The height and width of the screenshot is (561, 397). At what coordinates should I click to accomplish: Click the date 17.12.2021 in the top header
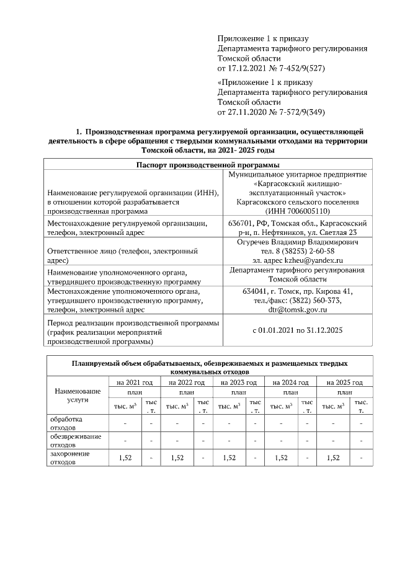pyautogui.click(x=248, y=68)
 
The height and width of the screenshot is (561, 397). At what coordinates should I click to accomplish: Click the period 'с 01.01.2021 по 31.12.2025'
pyautogui.click(x=298, y=331)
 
